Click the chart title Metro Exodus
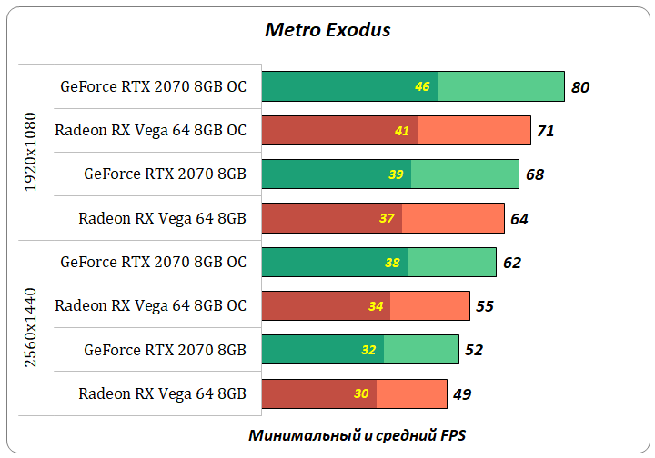[327, 30]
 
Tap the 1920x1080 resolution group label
[31, 152]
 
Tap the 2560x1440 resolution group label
[31, 328]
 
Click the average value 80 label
[580, 87]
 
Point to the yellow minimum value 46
[422, 87]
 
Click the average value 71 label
[545, 131]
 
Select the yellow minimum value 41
[402, 131]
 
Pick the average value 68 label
[535, 174]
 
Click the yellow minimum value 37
[387, 218]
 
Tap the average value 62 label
[512, 263]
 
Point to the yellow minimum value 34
[376, 306]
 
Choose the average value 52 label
[474, 350]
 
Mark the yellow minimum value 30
[361, 393]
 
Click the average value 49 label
[462, 393]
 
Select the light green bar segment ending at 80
[500, 87]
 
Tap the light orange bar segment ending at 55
[429, 306]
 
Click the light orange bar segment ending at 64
[453, 218]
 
